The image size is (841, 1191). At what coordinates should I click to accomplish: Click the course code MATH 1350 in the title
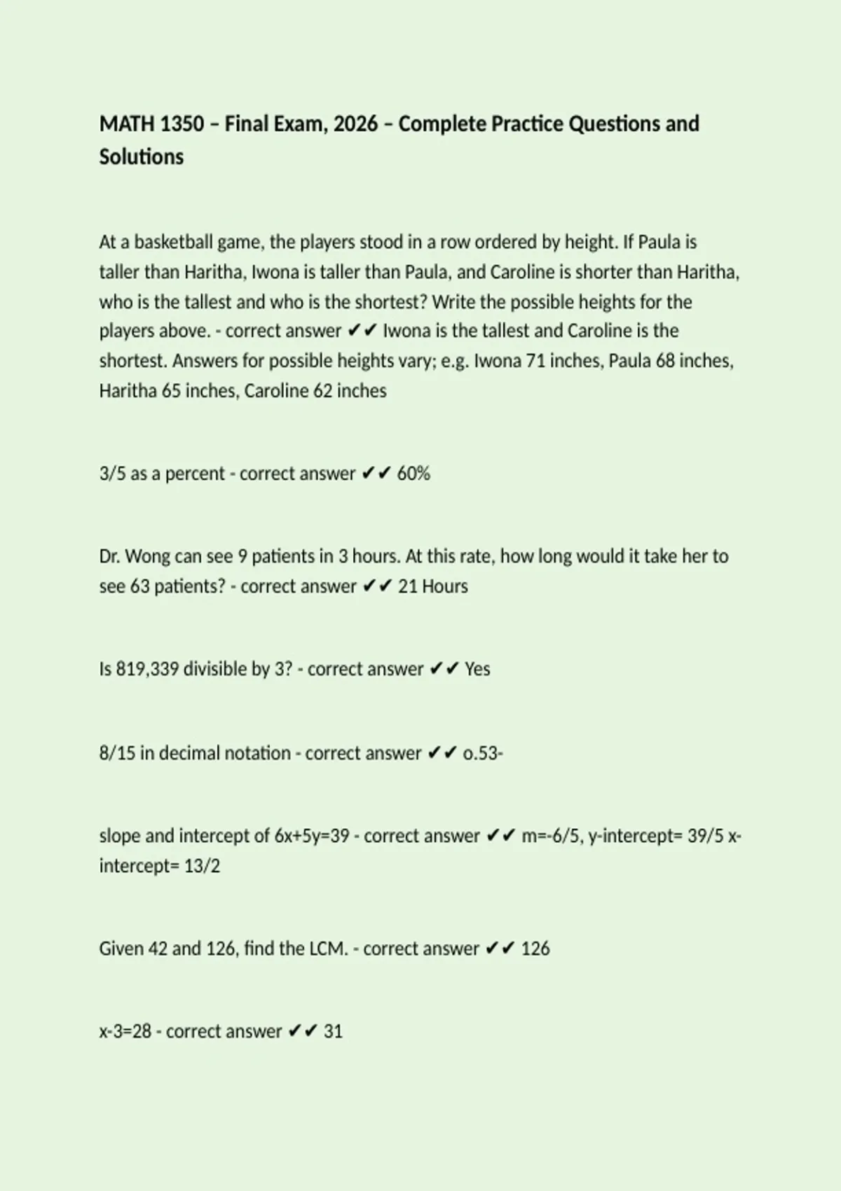coord(151,124)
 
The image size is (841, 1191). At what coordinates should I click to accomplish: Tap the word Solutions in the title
coord(141,157)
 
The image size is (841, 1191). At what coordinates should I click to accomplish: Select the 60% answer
coord(413,474)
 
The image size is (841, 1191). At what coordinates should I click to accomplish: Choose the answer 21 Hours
coord(432,586)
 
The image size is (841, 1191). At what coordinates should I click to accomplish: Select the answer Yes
coord(477,669)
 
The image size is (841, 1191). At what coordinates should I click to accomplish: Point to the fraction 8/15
coord(117,753)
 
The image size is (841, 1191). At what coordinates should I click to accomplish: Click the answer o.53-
coord(483,753)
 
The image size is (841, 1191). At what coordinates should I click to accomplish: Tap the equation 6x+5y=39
coord(312,836)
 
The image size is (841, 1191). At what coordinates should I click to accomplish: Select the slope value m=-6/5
coord(551,836)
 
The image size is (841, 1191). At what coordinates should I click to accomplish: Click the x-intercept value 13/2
coord(202,866)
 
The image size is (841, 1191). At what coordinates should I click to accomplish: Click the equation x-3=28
coord(125,1031)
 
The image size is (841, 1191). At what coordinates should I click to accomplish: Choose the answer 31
coord(333,1031)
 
